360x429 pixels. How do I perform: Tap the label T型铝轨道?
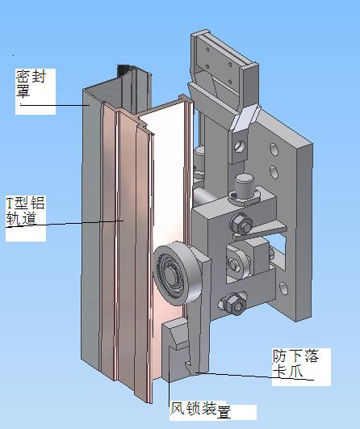pos(25,212)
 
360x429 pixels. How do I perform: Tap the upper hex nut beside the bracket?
pos(238,223)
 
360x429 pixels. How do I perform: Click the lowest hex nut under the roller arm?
pos(234,302)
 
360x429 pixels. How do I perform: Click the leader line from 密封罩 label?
pos(57,104)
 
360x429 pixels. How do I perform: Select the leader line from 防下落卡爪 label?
pos(234,374)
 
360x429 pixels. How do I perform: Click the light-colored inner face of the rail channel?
pos(165,186)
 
